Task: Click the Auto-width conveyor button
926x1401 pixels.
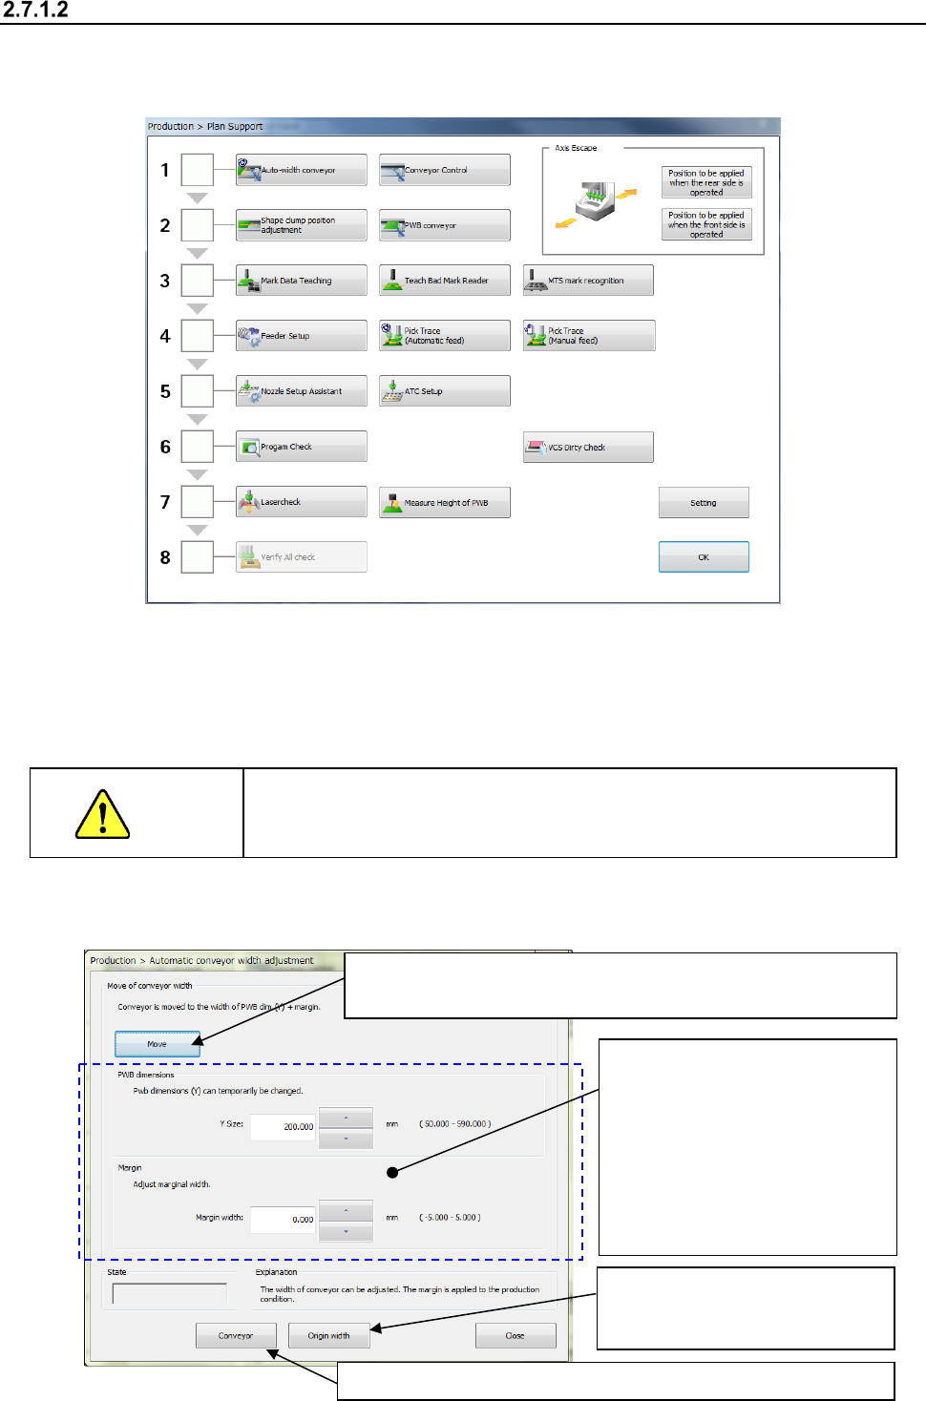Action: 301,170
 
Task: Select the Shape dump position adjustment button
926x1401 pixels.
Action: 301,225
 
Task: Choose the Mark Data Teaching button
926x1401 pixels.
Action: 301,281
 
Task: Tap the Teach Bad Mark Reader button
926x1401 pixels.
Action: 444,281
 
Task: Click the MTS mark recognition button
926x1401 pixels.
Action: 588,281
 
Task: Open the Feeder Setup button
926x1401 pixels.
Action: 301,336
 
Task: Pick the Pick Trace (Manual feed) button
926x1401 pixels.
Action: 588,336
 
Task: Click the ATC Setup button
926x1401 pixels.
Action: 444,391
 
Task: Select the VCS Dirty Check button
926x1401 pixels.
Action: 588,447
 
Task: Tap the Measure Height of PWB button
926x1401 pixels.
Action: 444,502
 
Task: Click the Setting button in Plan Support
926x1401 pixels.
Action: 704,503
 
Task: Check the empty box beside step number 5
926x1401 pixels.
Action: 198,391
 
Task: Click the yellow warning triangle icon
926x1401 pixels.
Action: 102,815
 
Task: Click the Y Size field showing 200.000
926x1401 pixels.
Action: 283,1126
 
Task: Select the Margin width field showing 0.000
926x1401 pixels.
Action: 283,1219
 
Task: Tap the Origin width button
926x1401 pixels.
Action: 328,1335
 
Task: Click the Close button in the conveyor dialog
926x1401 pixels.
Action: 515,1335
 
